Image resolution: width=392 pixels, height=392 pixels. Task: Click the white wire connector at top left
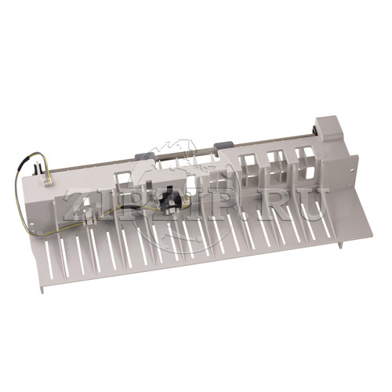click(48, 181)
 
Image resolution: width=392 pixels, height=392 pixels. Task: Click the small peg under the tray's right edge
click(341, 244)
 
